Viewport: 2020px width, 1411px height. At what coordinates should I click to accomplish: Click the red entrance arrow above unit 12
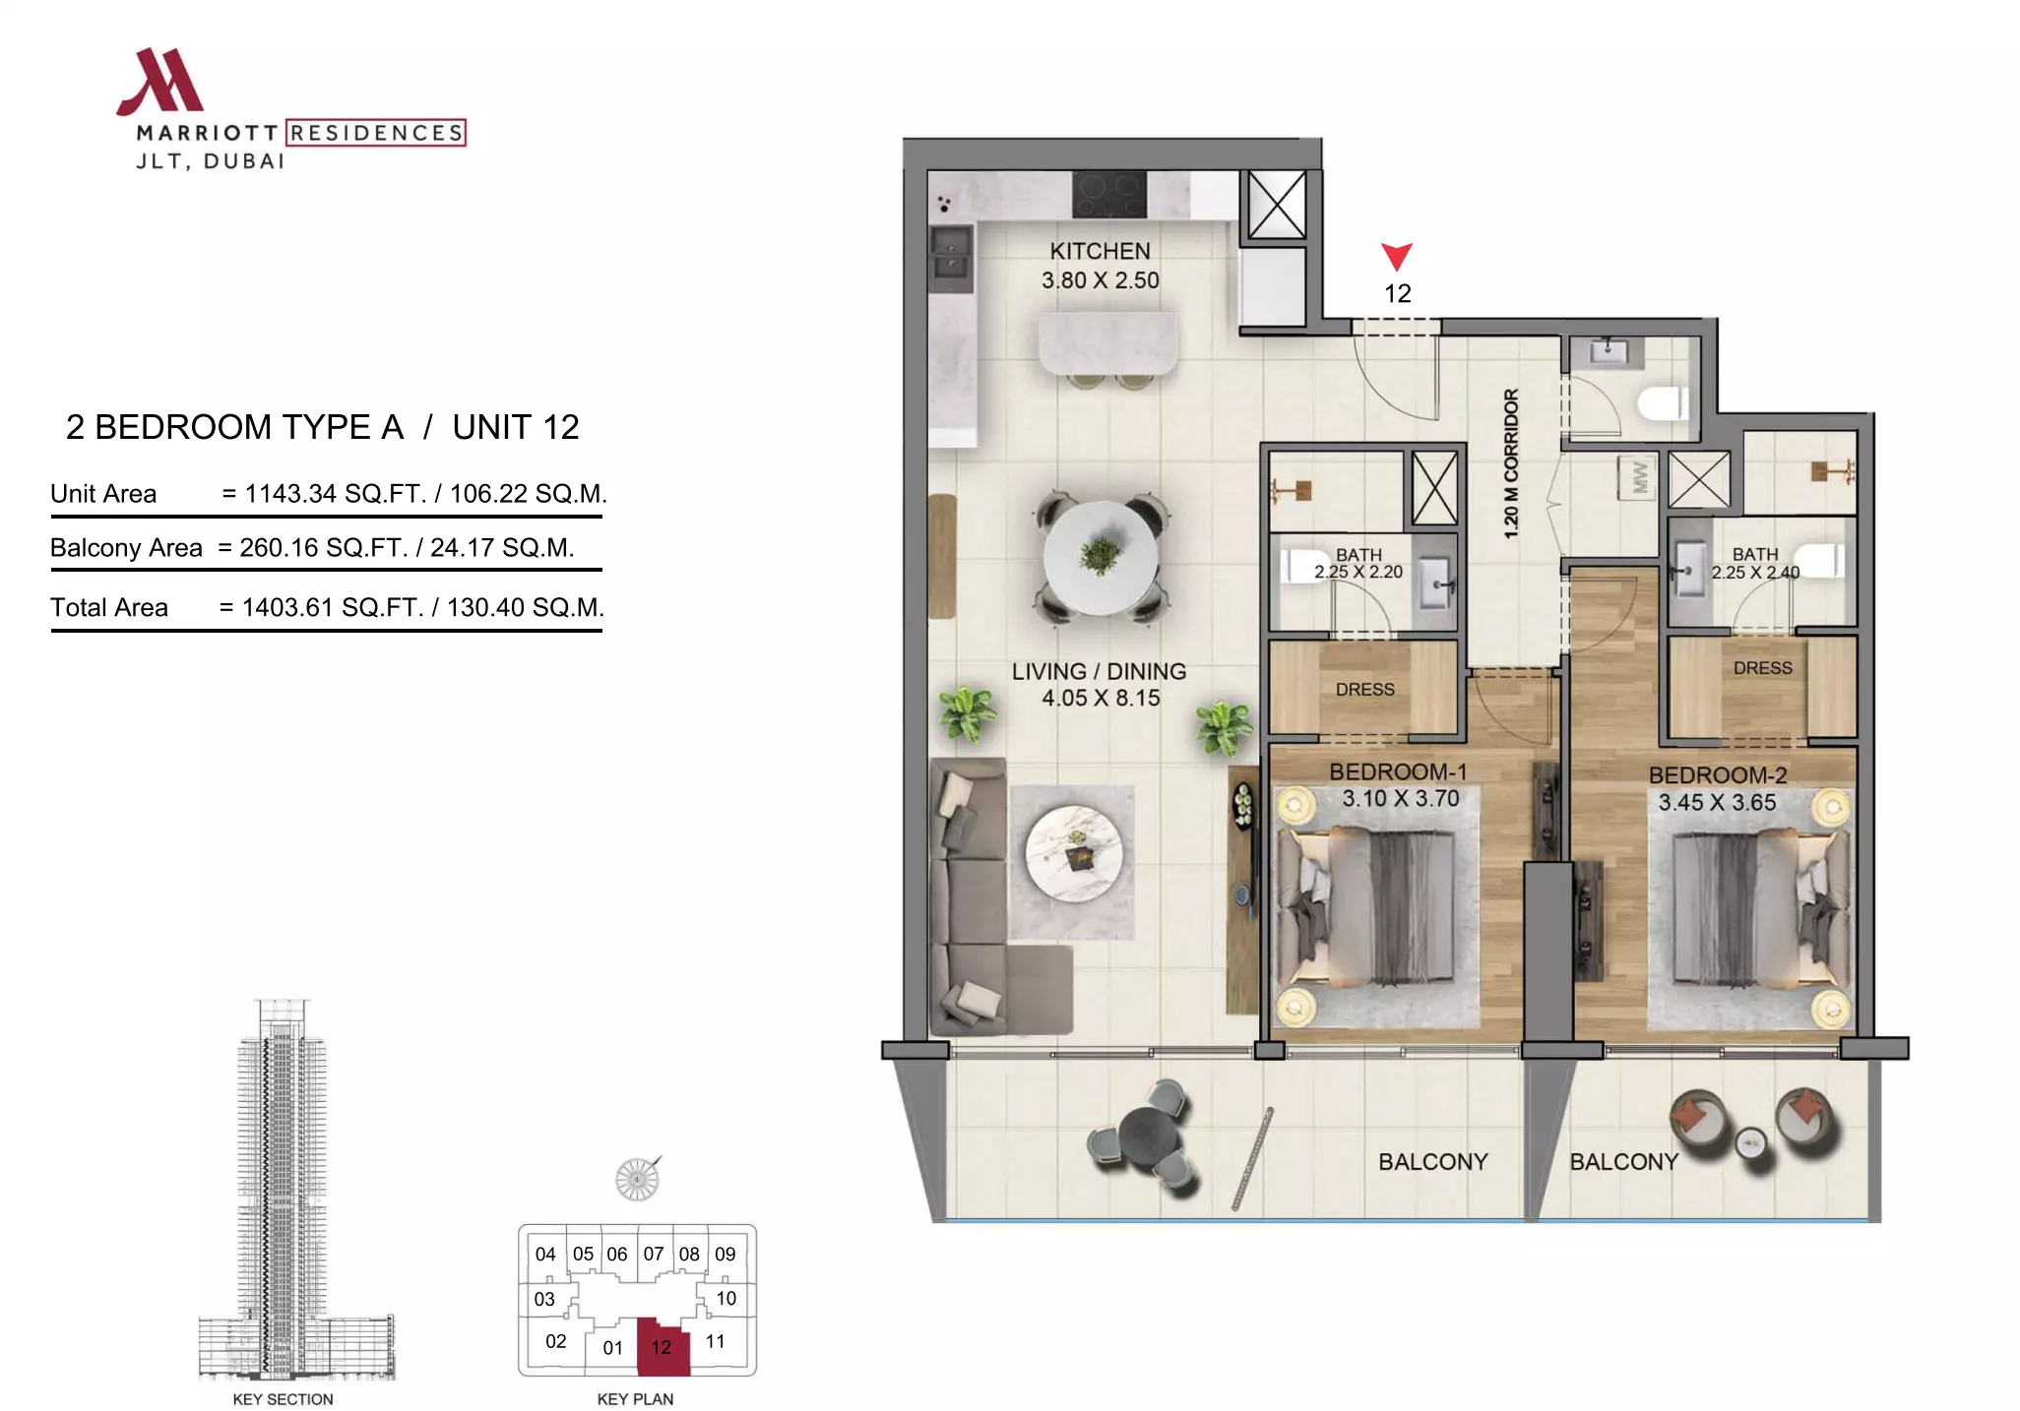1397,256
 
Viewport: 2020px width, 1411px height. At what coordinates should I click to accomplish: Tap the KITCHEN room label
1100,252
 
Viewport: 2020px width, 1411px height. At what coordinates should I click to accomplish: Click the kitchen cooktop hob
1109,194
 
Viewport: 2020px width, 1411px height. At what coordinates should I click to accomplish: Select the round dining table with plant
1101,558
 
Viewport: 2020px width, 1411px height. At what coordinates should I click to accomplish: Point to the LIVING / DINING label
1099,672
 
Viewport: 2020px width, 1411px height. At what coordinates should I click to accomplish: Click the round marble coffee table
1073,854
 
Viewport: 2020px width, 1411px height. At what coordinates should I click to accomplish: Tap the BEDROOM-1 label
1398,772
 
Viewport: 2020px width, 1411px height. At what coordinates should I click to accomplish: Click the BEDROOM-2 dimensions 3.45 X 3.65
1717,803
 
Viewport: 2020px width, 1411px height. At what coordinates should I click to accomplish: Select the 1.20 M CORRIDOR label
1511,463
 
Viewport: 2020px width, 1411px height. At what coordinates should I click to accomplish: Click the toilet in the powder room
1663,403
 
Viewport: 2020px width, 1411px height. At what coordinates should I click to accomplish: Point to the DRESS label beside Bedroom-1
1364,690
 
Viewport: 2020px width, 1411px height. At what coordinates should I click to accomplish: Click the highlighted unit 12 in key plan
663,1347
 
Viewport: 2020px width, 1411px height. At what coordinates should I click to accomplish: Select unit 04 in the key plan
545,1255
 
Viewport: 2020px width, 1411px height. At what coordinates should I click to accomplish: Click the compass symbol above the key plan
637,1179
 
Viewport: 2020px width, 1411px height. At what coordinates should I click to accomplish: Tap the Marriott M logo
160,82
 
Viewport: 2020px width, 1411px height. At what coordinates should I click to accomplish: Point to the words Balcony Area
126,548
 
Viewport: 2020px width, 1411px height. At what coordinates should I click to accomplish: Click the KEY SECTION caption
283,1399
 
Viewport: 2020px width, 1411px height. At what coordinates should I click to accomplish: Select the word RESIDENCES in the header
376,133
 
